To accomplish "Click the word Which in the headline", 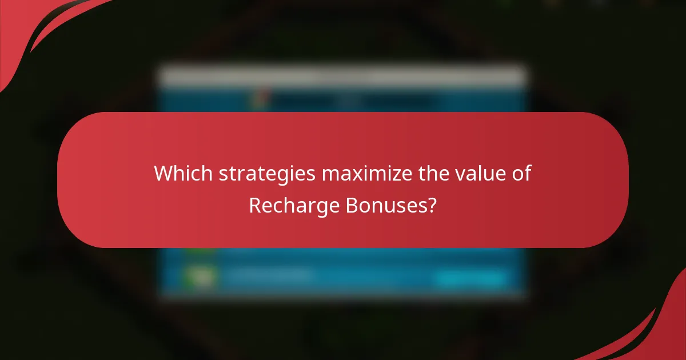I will click(x=177, y=173).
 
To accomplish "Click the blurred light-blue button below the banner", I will click(x=472, y=278).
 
